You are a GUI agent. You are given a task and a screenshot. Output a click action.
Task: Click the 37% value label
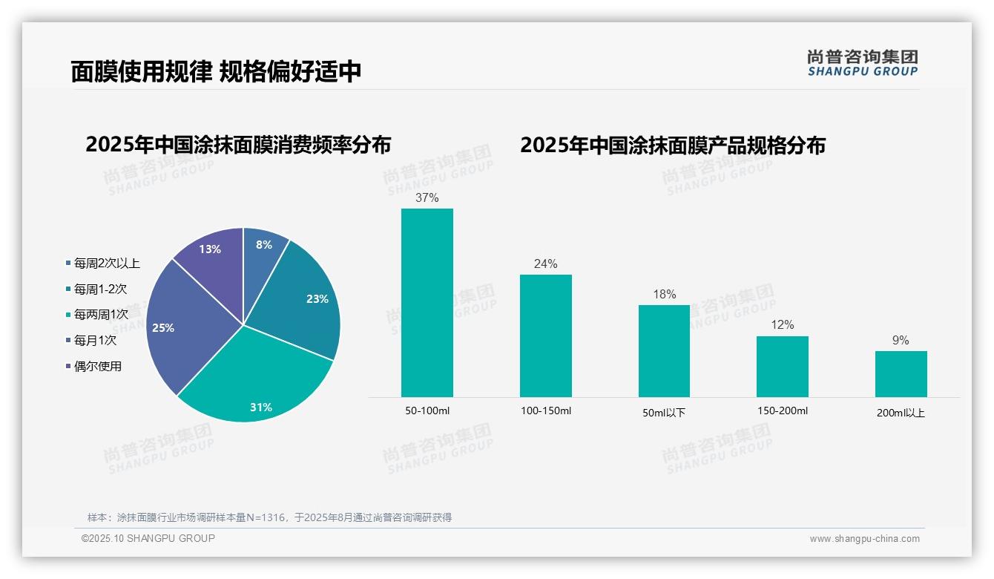(x=427, y=197)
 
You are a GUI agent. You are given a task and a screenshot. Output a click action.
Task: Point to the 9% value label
(x=901, y=340)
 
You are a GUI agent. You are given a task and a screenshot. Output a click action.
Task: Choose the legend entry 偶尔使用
(x=97, y=366)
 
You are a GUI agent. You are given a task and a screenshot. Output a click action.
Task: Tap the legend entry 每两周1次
(x=101, y=315)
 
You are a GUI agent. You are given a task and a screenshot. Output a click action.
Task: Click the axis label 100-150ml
(x=545, y=410)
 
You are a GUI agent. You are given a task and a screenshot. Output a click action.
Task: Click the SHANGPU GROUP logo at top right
(x=862, y=63)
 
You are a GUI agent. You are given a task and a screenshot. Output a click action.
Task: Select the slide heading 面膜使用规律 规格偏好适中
(x=216, y=71)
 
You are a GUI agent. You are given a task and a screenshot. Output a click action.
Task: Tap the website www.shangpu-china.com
(x=864, y=539)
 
